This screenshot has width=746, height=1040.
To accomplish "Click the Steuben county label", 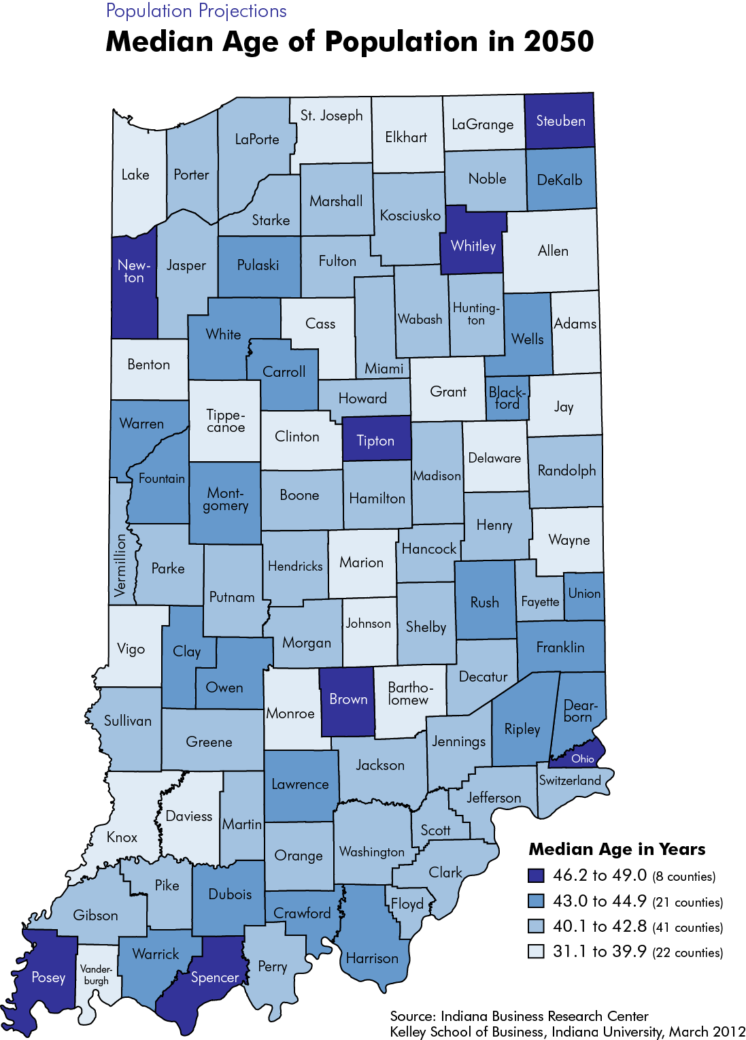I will tap(560, 121).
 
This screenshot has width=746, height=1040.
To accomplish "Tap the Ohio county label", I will tap(583, 758).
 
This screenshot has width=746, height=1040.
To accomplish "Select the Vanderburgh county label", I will tap(96, 975).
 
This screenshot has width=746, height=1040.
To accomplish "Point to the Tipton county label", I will tap(375, 441).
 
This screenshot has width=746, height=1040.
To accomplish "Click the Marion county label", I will tap(361, 563).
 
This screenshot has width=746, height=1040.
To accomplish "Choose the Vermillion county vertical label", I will tap(120, 565).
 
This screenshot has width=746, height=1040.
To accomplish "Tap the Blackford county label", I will tap(507, 398).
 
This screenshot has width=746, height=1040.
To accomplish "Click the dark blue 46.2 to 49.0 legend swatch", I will tap(536, 875).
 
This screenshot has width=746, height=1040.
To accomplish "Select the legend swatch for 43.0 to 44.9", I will tap(536, 901).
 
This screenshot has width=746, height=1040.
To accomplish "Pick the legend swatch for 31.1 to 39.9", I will tap(536, 952).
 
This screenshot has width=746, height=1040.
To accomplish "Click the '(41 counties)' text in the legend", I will tap(688, 928).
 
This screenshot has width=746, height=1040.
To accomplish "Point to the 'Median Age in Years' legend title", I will tap(617, 850).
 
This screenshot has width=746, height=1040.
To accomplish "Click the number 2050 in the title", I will tap(559, 41).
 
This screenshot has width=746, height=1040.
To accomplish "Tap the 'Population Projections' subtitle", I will tap(197, 12).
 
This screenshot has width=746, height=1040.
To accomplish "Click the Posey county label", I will tap(48, 977).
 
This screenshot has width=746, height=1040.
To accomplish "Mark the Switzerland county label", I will tap(570, 780).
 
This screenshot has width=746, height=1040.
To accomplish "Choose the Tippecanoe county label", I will tap(226, 421).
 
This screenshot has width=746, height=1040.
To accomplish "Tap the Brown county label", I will tap(348, 699).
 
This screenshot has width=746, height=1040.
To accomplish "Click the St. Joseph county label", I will tap(332, 116).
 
